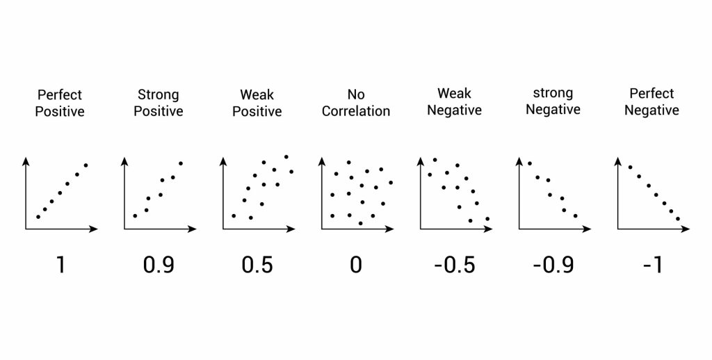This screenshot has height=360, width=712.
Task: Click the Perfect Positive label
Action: pos(60,102)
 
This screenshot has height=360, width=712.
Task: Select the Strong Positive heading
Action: pos(159,102)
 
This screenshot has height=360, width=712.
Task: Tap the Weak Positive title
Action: pos(257,102)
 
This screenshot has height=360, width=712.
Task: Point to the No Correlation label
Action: pos(355,102)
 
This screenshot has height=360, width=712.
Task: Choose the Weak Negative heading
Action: pos(455,101)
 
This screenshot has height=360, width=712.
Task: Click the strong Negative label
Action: pos(553,101)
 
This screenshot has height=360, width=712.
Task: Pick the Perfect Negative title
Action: pos(652,101)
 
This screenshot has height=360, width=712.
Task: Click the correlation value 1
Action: pos(60,265)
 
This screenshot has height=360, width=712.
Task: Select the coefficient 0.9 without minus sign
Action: pos(159,265)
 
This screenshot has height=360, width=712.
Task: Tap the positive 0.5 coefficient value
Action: pos(257,265)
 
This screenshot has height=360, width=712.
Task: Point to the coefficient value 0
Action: pos(355,265)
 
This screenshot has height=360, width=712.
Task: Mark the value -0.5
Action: pos(455,265)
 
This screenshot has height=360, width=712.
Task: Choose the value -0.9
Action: pos(553,265)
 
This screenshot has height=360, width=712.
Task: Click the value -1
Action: pos(652,265)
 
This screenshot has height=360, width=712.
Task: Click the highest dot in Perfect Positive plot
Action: pos(86,165)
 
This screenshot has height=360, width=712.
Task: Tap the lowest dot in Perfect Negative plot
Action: pos(679,220)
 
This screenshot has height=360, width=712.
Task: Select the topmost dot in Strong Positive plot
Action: pos(181,163)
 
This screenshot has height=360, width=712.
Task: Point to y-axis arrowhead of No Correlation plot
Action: pos(321,161)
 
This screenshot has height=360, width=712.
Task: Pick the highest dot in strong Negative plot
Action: pos(530,163)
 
